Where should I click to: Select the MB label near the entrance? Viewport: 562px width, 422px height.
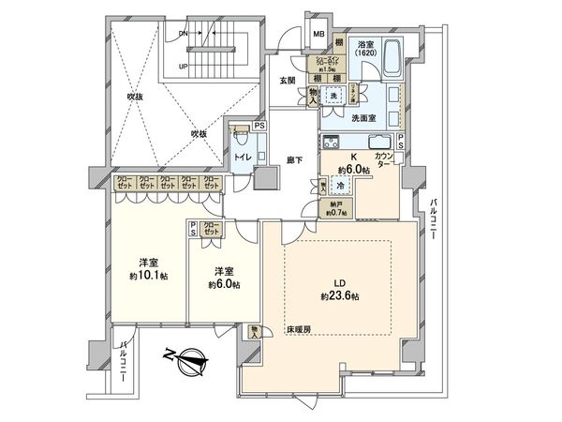coord(318,37)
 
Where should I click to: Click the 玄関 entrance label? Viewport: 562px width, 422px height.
coord(288,81)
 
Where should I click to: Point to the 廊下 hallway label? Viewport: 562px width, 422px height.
coord(293,160)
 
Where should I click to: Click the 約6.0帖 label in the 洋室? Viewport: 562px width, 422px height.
coord(225,284)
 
